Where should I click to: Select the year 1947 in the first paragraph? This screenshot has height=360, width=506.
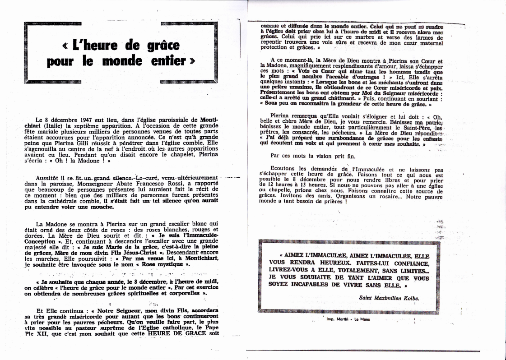coord(83,120)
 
